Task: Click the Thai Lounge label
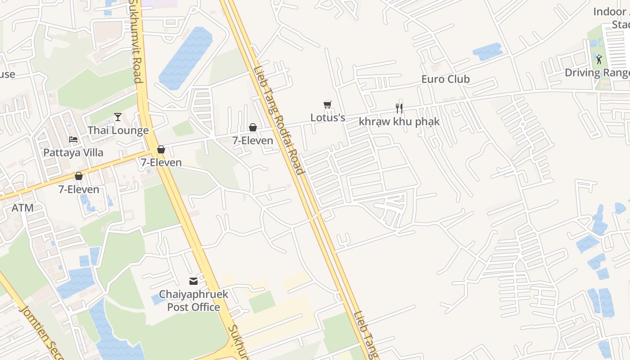[x=118, y=130]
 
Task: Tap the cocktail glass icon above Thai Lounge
[x=118, y=117]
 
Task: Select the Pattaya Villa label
[x=73, y=153]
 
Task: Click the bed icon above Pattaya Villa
[x=73, y=139]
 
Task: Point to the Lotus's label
[x=328, y=118]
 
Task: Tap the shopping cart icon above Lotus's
[x=328, y=105]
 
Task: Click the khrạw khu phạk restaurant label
[x=399, y=121]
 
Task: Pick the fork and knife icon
[x=399, y=108]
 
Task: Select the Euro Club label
[x=445, y=79]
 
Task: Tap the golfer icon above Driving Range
[x=599, y=59]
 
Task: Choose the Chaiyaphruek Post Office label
[x=194, y=301]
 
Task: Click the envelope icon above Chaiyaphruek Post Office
[x=193, y=281]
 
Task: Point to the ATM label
[x=22, y=208]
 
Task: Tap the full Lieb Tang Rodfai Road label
[x=279, y=121]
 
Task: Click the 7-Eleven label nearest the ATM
[x=79, y=189]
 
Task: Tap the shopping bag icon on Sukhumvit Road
[x=161, y=149]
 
